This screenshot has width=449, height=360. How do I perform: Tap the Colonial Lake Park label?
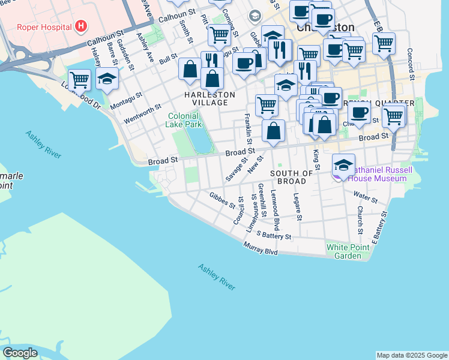[x=184, y=120]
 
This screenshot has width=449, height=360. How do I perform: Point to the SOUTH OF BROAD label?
[x=292, y=177]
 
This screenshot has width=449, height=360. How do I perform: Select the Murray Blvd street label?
[x=261, y=248]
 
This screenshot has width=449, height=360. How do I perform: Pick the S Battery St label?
[x=273, y=235]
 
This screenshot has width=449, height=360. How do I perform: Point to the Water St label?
[x=365, y=197]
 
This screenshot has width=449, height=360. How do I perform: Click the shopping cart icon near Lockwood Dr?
[x=79, y=79]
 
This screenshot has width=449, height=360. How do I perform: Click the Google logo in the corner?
[x=20, y=353]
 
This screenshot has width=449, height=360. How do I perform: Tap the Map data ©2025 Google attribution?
[x=411, y=355]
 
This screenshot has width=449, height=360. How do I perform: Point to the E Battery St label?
[x=378, y=230]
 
